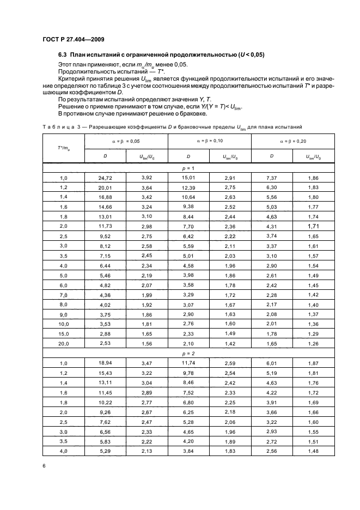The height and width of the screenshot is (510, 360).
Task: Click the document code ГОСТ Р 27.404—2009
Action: (73, 40)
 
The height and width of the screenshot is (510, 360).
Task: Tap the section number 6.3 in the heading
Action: (64, 55)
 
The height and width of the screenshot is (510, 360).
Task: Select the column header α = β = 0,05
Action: (126, 141)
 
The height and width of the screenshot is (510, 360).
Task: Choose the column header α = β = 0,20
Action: (292, 141)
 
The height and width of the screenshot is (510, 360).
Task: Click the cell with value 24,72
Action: (105, 178)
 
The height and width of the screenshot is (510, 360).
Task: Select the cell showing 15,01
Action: (188, 178)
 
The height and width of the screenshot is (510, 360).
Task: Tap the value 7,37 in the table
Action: (271, 178)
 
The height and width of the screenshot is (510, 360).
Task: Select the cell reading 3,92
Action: (147, 178)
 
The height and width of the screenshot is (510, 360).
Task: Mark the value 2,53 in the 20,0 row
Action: (105, 344)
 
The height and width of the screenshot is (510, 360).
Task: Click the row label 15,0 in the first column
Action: (64, 332)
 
